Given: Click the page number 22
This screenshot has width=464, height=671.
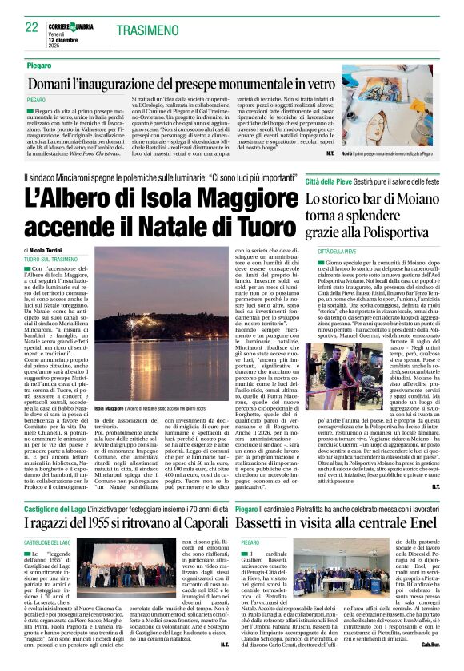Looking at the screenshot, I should click(32, 27).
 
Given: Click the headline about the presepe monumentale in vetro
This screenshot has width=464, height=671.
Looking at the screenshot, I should click(168, 83).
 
